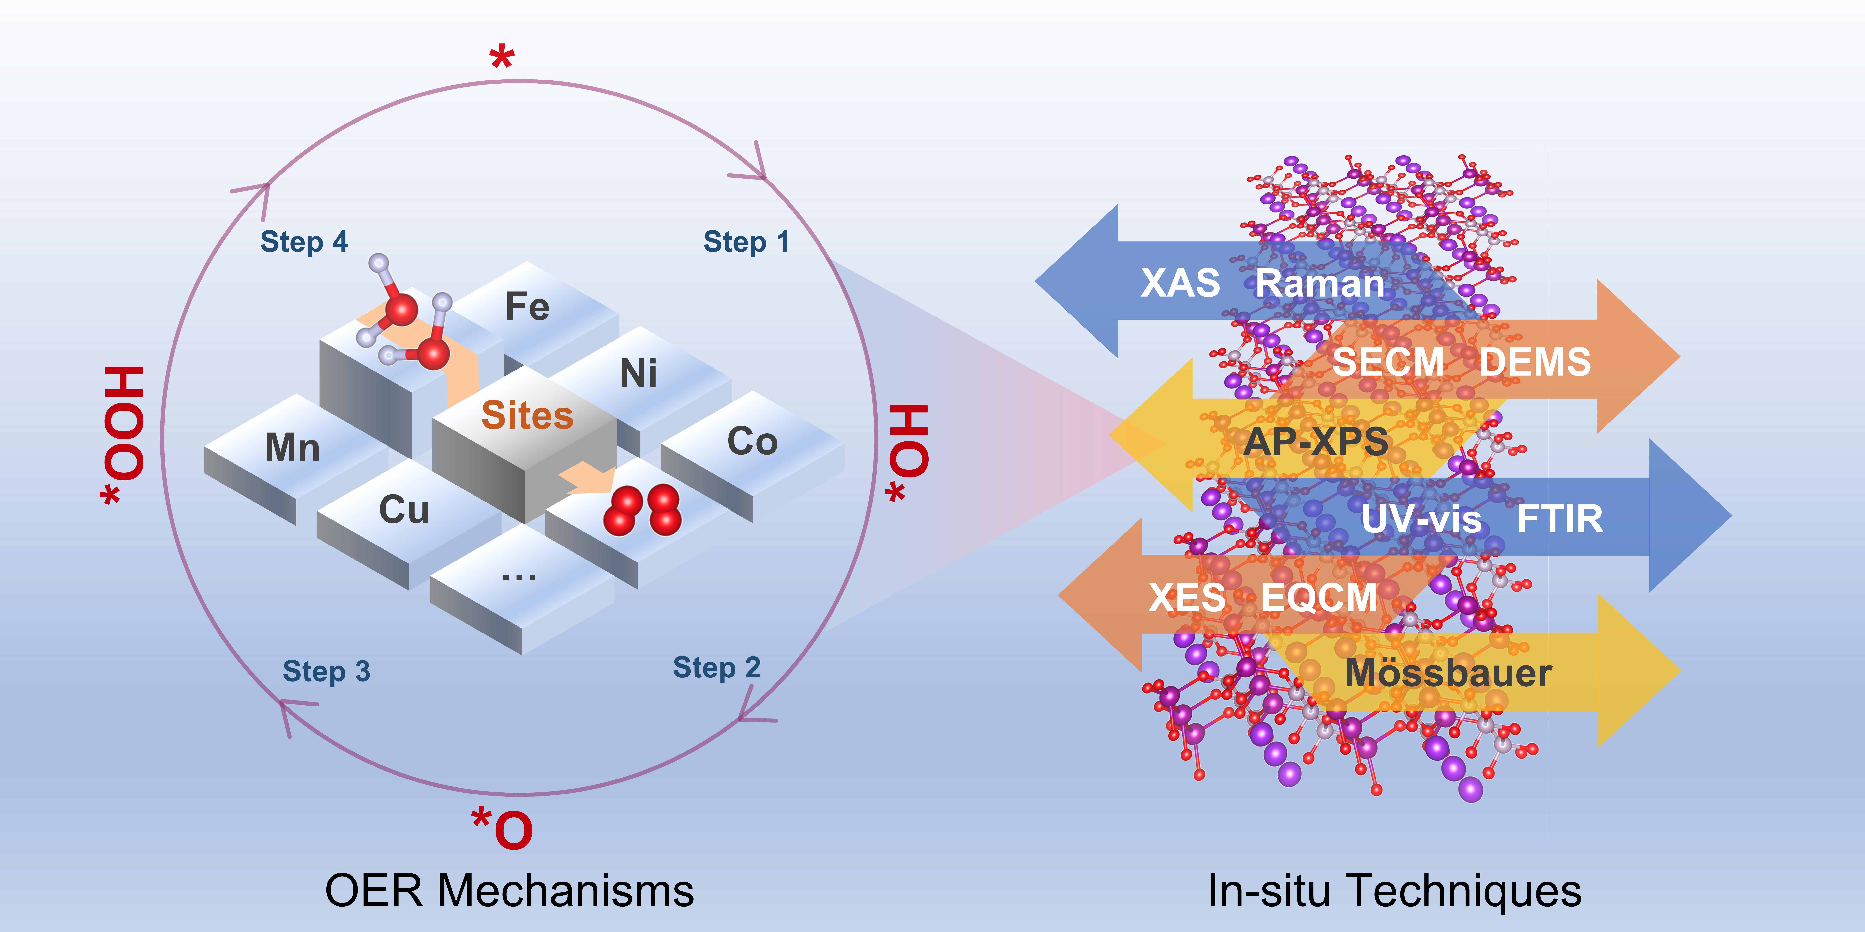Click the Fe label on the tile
tap(527, 307)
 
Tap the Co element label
tap(752, 441)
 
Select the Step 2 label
tap(717, 667)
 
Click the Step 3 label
tap(326, 672)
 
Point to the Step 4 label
tap(304, 242)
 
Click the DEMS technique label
tap(1535, 362)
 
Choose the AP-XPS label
tap(1316, 441)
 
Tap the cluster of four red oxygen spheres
tap(642, 510)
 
